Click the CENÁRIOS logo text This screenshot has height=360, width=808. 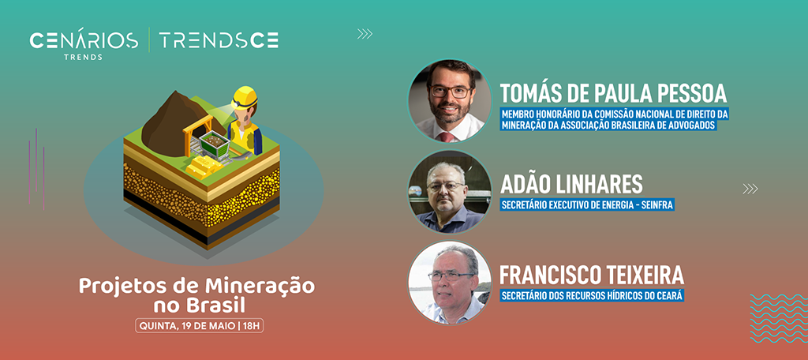84,40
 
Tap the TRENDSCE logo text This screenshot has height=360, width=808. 219,40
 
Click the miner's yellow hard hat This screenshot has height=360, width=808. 245,96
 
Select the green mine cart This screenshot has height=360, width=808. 214,143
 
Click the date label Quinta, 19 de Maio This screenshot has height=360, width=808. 199,326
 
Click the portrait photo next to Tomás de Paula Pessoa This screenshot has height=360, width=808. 450,100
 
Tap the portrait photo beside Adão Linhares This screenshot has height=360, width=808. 450,192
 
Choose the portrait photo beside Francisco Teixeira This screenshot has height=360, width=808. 450,283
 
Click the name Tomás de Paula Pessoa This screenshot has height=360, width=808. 613,93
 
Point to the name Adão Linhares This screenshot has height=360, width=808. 571,184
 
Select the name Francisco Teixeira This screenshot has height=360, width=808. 592,276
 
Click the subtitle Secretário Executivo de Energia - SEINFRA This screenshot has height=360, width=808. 587,205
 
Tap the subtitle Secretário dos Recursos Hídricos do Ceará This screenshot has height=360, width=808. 592,297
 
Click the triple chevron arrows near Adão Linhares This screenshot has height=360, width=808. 750,189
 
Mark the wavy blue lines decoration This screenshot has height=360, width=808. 779,318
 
